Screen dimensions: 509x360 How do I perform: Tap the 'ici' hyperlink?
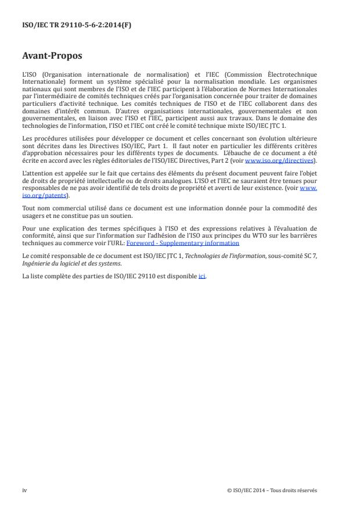pyautogui.click(x=202, y=275)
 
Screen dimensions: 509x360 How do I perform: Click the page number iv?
pyautogui.click(x=24, y=490)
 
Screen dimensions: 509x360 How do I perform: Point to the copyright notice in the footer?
pyautogui.click(x=272, y=490)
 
